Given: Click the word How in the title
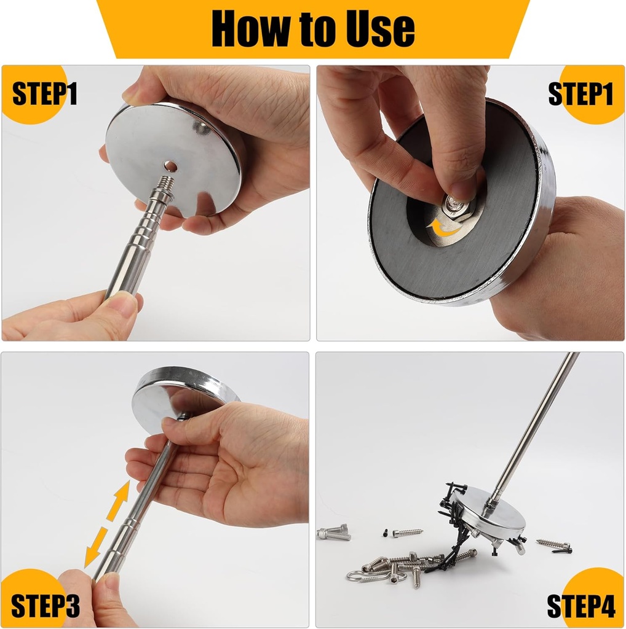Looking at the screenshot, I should (x=252, y=28).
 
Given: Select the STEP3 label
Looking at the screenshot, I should (x=45, y=605).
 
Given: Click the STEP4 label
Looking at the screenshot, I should (x=581, y=605).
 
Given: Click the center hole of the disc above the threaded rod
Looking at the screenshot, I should (x=171, y=166).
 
